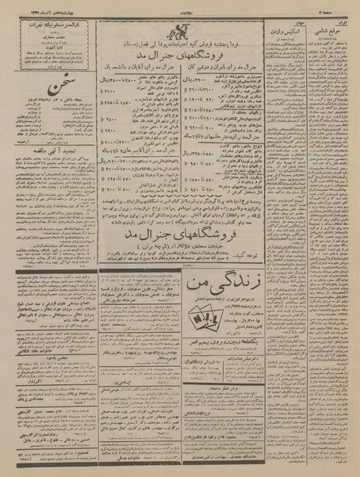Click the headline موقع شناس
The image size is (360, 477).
(331, 21)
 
